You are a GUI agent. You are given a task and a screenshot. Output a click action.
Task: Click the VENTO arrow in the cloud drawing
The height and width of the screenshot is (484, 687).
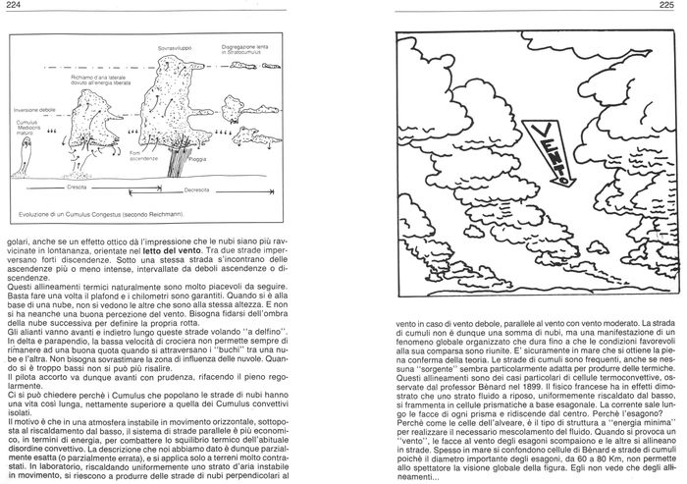click(551, 151)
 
